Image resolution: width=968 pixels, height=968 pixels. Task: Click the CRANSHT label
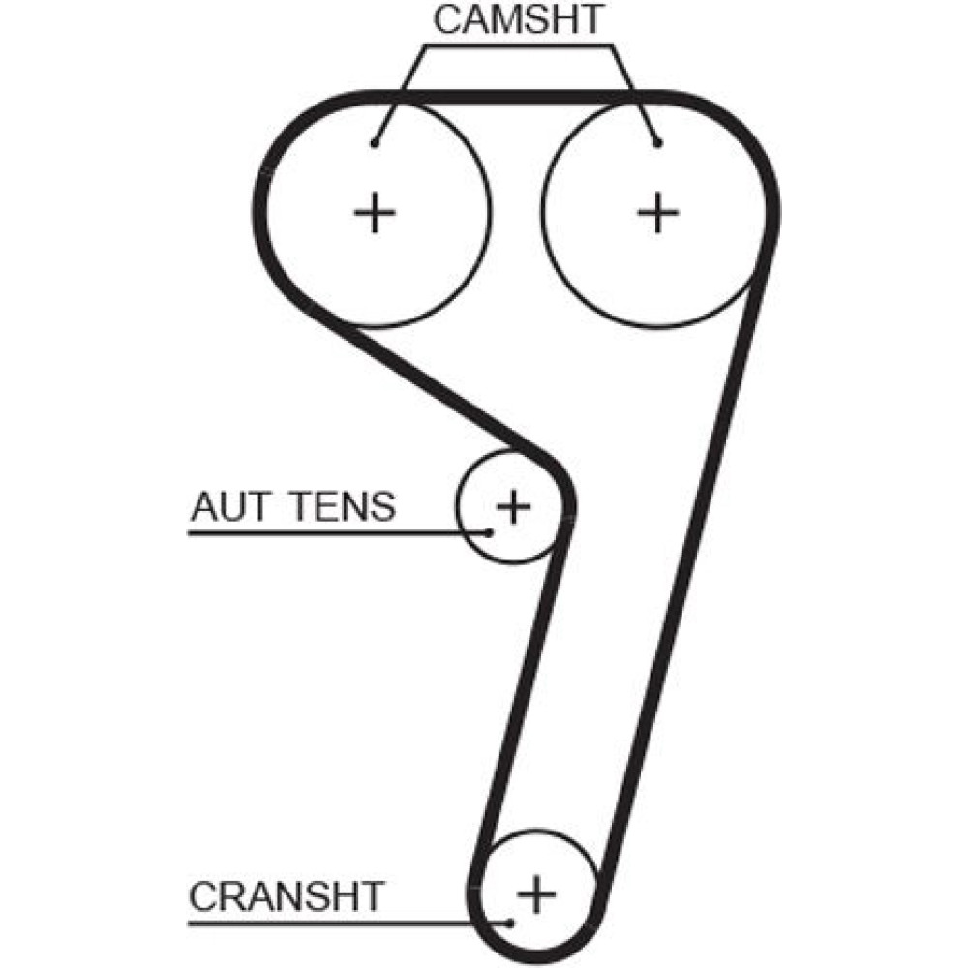(x=287, y=895)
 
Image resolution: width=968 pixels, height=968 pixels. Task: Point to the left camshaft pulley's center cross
(x=374, y=212)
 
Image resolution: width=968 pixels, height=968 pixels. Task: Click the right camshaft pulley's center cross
(x=658, y=212)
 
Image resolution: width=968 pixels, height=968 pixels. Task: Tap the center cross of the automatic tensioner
(x=513, y=505)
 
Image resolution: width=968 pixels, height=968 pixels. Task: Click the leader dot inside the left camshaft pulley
(x=374, y=145)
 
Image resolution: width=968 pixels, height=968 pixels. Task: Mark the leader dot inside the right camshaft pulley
(x=658, y=145)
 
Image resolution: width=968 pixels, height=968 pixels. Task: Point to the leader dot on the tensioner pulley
(x=490, y=531)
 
